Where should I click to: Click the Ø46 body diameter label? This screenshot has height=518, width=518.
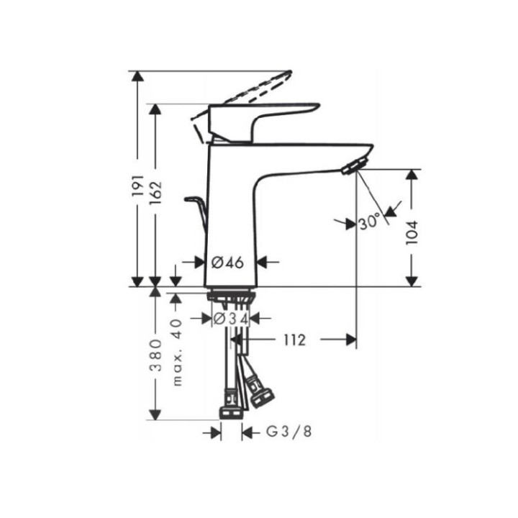(230, 262)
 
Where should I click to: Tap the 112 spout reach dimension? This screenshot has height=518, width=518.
(294, 340)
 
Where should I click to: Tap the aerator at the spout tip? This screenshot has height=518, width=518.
(352, 168)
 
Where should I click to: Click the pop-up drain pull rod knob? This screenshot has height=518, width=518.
(192, 198)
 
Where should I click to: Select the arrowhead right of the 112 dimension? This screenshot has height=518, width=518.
(350, 340)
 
